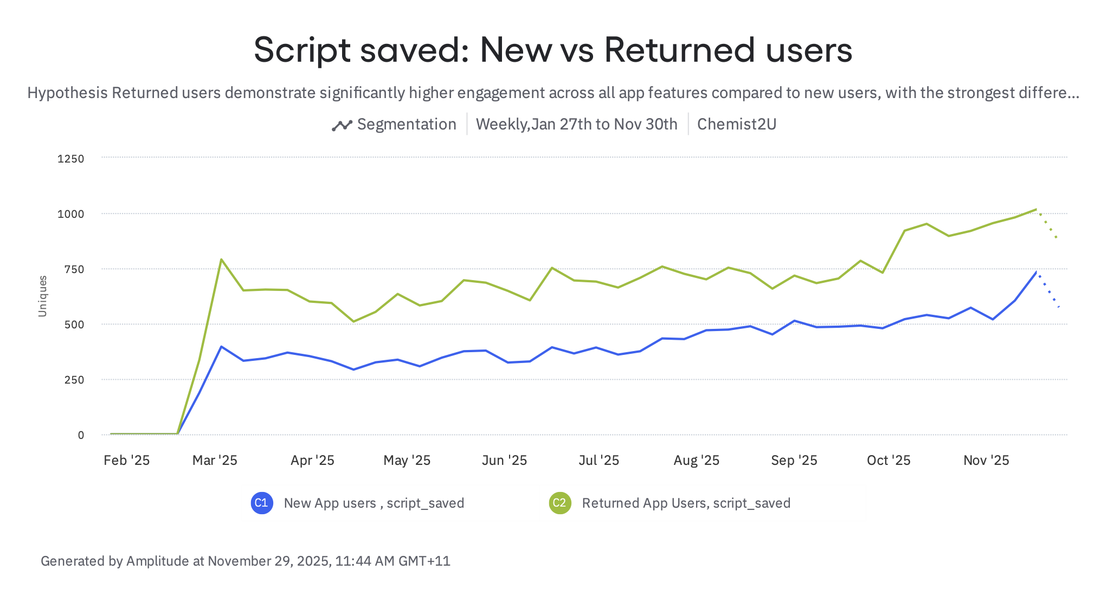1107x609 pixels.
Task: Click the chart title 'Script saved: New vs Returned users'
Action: (x=553, y=50)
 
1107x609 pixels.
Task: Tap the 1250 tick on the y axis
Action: (x=71, y=159)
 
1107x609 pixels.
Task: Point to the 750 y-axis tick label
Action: (x=74, y=269)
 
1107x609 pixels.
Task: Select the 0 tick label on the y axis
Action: (x=81, y=435)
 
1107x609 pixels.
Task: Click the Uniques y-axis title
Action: (x=42, y=296)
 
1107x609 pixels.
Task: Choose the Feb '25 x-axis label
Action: (x=126, y=461)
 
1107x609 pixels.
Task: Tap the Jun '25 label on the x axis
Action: (x=504, y=461)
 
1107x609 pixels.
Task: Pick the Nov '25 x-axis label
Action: (x=986, y=461)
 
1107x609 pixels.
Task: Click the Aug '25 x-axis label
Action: (x=696, y=461)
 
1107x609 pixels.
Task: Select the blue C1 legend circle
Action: (x=261, y=503)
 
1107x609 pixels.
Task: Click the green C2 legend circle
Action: (x=559, y=503)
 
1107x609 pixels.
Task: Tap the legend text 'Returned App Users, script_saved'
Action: (x=686, y=503)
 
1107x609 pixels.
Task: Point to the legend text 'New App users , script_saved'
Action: (x=374, y=503)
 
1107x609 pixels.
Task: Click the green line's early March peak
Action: (x=221, y=260)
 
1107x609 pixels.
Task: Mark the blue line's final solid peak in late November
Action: (x=1036, y=272)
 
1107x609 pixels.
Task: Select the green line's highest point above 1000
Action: (x=1036, y=209)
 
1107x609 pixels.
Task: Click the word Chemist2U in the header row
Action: (x=736, y=125)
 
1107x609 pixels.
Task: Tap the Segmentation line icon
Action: (x=342, y=125)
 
